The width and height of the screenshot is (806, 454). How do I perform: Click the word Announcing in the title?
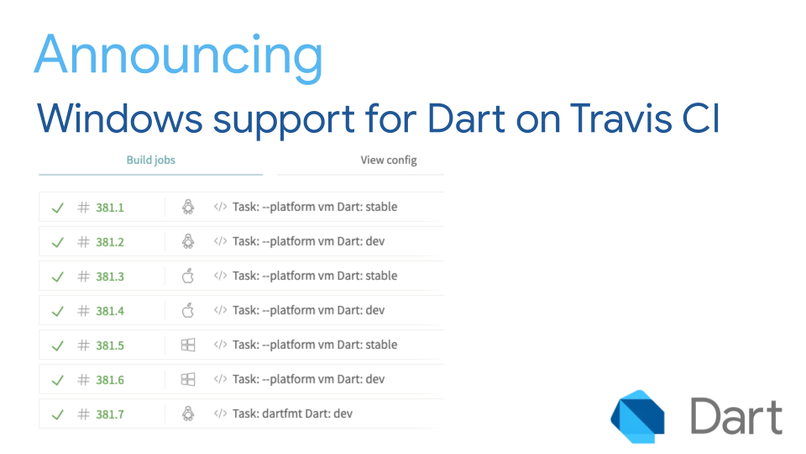click(178, 55)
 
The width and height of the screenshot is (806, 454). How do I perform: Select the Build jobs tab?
click(151, 160)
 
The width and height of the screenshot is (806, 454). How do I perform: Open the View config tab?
click(389, 160)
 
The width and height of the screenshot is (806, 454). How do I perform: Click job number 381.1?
click(110, 207)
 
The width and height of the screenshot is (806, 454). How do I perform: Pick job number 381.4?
click(110, 310)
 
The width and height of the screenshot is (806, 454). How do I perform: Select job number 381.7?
click(110, 414)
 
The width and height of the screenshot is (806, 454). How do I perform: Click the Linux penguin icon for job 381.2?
click(188, 241)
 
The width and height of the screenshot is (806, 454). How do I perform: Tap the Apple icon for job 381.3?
click(188, 276)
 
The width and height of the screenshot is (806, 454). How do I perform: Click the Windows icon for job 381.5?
click(188, 345)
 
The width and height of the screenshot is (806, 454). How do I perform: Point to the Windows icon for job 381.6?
click(188, 379)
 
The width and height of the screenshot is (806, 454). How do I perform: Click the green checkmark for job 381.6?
click(58, 380)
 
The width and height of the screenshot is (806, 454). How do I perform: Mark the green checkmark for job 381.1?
click(58, 208)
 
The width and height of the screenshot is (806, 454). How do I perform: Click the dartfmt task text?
click(293, 414)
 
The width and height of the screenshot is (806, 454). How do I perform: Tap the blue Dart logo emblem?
click(638, 416)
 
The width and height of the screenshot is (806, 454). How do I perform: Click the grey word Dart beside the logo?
click(736, 417)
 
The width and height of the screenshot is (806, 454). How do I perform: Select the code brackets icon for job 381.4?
click(220, 310)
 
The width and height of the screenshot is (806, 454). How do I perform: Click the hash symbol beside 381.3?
click(83, 276)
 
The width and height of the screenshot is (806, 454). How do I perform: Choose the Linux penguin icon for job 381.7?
click(188, 414)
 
